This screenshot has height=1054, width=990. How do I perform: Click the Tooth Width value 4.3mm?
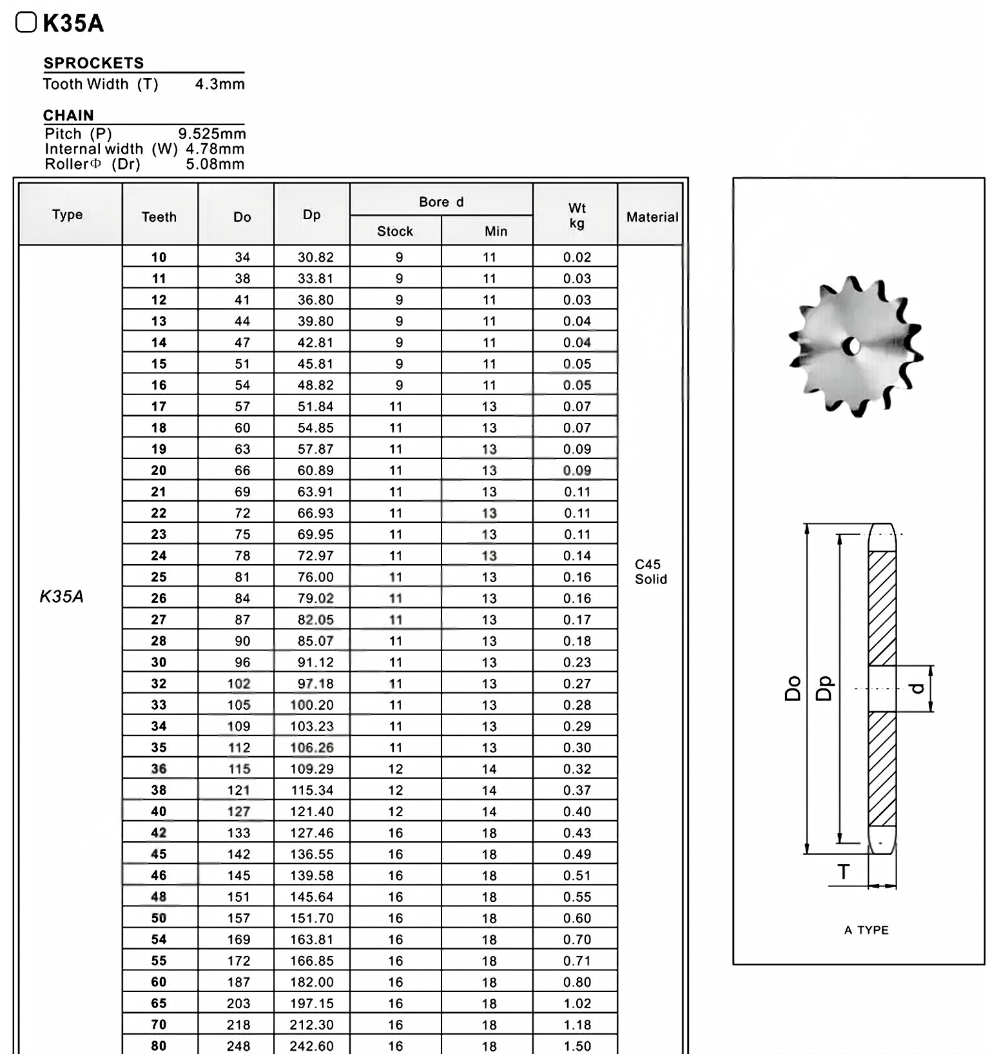pyautogui.click(x=220, y=84)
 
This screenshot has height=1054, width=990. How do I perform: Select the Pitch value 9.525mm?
pyautogui.click(x=212, y=133)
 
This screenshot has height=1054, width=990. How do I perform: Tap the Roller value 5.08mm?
pyautogui.click(x=215, y=164)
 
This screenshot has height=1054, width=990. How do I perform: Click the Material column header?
pyautogui.click(x=652, y=217)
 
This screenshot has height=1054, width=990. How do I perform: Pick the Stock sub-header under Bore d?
pyautogui.click(x=395, y=231)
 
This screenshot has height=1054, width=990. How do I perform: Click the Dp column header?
pyautogui.click(x=311, y=215)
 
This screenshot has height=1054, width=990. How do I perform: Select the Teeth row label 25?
pyautogui.click(x=159, y=577)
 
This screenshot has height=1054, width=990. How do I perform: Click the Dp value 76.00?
pyautogui.click(x=315, y=577)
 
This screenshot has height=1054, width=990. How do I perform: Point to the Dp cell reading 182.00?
pyautogui.click(x=312, y=982)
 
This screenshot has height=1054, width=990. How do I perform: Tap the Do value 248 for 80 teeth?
pyautogui.click(x=238, y=1046)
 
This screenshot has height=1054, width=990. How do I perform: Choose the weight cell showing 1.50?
pyautogui.click(x=577, y=1046)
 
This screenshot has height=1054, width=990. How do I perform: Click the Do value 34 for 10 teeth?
pyautogui.click(x=242, y=257)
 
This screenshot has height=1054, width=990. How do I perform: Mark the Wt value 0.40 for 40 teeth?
pyautogui.click(x=577, y=811)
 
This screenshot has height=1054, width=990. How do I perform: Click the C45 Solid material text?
pyautogui.click(x=650, y=571)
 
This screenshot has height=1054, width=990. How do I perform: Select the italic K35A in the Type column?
pyautogui.click(x=62, y=596)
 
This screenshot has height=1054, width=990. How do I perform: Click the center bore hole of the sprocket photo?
pyautogui.click(x=853, y=347)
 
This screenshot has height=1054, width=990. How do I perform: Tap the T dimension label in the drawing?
pyautogui.click(x=843, y=872)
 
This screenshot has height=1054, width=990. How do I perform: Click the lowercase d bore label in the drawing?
pyautogui.click(x=918, y=688)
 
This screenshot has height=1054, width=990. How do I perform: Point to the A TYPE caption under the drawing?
pyautogui.click(x=866, y=930)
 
